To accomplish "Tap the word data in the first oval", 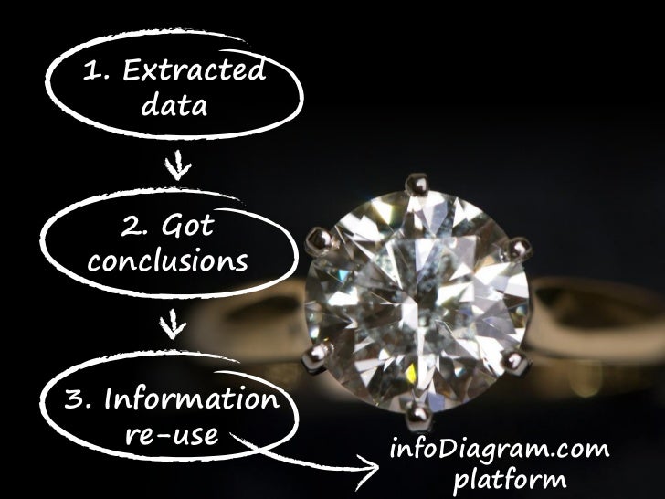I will point(174,108).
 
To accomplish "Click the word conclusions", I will point(169,262).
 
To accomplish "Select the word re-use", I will point(171,434).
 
